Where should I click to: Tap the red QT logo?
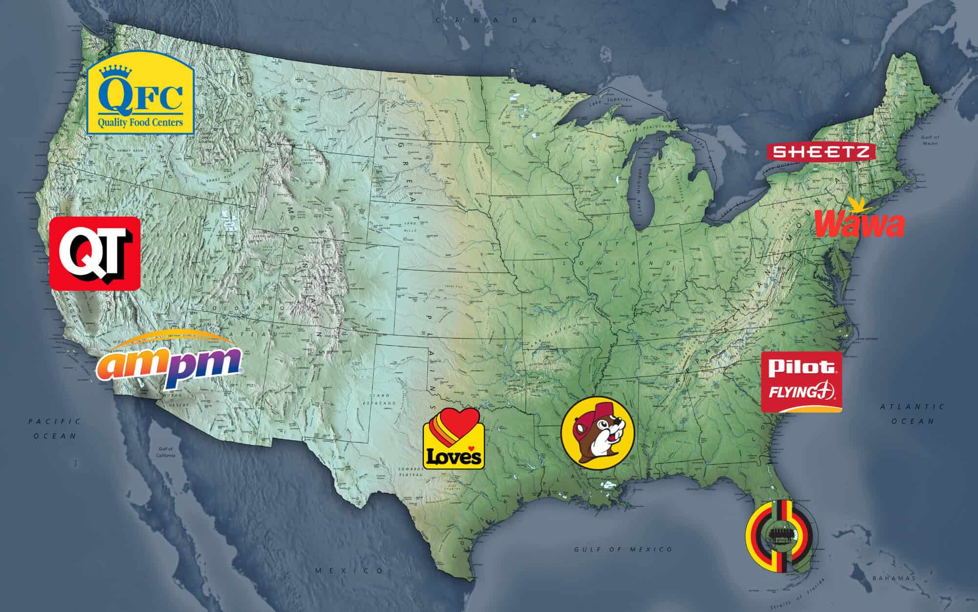[x=95, y=253]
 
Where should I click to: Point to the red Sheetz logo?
[x=820, y=152]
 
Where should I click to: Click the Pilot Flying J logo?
[x=801, y=381]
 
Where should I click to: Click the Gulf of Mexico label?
[x=623, y=549]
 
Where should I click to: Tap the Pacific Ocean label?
[x=54, y=428]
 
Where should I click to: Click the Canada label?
[x=487, y=20]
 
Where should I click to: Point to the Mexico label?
[x=350, y=570]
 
